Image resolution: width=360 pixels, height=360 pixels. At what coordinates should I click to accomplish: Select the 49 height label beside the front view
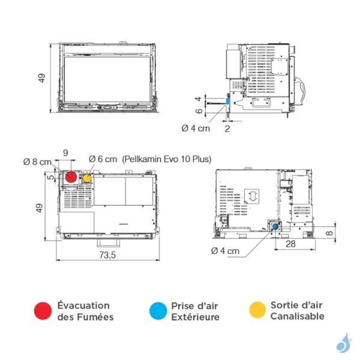click(x=42, y=79)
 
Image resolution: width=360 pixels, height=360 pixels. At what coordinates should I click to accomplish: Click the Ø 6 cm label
click(x=103, y=159)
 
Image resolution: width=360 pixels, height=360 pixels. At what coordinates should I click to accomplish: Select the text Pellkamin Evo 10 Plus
click(x=167, y=159)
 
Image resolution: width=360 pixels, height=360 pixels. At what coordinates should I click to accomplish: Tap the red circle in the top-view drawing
click(x=71, y=178)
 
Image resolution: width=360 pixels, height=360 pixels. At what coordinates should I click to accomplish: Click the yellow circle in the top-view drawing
click(x=87, y=178)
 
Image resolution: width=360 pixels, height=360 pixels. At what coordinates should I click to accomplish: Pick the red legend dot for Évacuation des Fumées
click(x=43, y=310)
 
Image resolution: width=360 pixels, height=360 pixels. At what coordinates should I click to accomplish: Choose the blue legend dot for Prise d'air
click(x=157, y=310)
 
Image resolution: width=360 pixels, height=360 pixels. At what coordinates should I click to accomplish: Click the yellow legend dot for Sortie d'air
click(x=257, y=310)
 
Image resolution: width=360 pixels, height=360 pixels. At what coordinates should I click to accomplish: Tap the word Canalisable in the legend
click(x=297, y=316)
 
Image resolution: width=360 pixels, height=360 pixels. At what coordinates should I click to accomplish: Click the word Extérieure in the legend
click(x=195, y=317)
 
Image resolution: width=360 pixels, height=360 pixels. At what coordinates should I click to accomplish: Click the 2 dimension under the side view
click(x=227, y=128)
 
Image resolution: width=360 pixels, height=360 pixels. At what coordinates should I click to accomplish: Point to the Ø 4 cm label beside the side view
click(x=196, y=128)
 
